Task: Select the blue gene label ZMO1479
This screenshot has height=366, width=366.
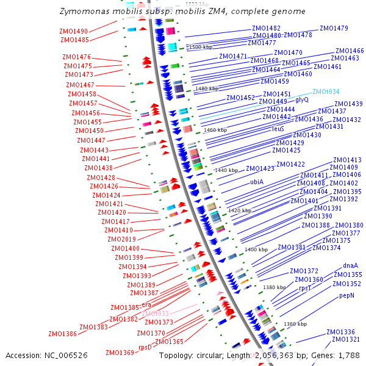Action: click(334, 28)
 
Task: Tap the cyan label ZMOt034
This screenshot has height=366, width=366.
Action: click(326, 91)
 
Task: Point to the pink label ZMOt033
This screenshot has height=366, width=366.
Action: click(155, 314)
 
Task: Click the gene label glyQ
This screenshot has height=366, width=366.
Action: click(302, 99)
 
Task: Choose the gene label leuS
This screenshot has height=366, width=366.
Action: click(278, 129)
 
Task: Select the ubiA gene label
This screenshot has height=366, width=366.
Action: click(256, 182)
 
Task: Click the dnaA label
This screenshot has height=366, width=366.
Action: click(350, 265)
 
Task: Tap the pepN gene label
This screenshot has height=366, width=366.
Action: click(346, 295)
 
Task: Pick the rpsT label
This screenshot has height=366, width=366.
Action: click(305, 287)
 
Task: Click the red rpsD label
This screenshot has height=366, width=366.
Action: click(145, 348)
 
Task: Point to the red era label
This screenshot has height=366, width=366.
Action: click(146, 304)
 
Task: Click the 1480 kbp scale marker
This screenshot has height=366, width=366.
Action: click(206, 88)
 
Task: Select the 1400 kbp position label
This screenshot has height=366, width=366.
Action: click(256, 249)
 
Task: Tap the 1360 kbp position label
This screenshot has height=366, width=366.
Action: click(295, 324)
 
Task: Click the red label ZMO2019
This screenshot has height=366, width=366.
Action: click(124, 239)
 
